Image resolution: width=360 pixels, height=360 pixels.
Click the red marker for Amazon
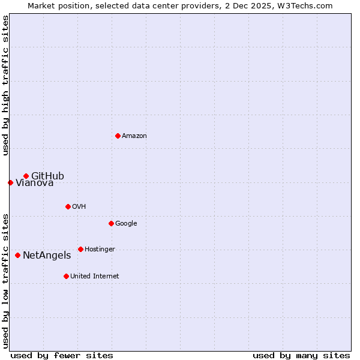[118, 136]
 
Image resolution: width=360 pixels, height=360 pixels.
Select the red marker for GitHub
[26, 176]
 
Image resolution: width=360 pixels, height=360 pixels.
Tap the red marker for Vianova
[10, 182]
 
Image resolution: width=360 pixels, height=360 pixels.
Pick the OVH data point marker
[68, 206]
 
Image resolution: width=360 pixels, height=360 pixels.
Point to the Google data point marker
[111, 223]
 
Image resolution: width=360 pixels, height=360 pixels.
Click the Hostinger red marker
[80, 249]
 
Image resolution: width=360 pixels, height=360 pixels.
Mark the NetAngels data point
[17, 255]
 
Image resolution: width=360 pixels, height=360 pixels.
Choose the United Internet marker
[66, 276]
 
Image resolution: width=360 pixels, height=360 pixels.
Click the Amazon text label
[134, 136]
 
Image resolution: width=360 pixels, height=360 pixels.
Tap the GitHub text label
[47, 176]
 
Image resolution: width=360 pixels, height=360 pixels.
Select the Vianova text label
[34, 183]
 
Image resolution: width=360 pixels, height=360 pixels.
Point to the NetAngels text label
[47, 256]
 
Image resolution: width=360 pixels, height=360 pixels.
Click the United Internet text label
[94, 277]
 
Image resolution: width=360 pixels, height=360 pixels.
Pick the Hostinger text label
[100, 250]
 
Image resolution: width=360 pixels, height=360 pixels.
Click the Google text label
[126, 224]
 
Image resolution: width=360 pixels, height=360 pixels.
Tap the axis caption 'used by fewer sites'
[62, 355]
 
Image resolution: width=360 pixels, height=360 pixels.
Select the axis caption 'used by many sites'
[301, 355]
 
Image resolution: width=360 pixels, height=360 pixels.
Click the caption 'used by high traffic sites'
[5, 86]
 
